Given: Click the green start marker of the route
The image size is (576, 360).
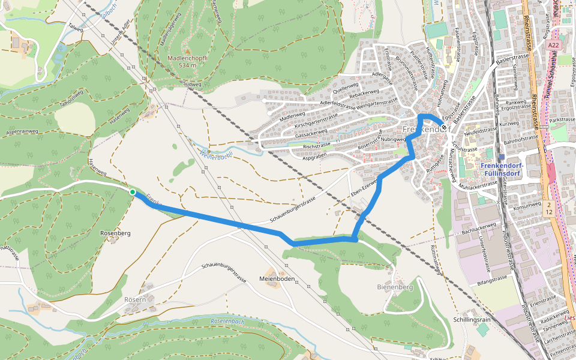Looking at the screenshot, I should click(133, 191).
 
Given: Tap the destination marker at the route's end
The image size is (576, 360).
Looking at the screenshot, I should click(443, 127).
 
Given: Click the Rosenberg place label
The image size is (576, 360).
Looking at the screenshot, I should click(116, 233).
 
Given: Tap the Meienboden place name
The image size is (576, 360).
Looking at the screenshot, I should click(277, 280).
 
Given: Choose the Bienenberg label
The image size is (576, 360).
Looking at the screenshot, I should click(395, 287).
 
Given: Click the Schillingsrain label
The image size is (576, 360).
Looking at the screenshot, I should click(473, 320).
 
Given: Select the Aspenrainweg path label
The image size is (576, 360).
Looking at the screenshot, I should click(22, 131).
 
